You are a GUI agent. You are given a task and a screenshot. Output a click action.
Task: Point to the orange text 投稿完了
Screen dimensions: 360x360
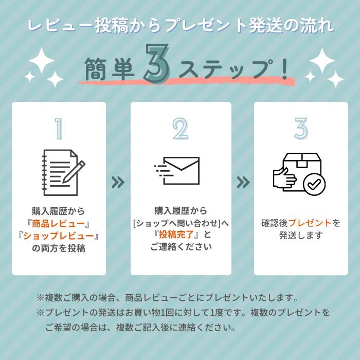click(178, 235)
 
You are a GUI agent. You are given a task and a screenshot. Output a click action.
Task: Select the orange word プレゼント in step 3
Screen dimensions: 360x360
click(310, 223)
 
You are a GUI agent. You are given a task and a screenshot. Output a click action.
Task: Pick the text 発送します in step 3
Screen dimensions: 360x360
click(301, 236)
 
